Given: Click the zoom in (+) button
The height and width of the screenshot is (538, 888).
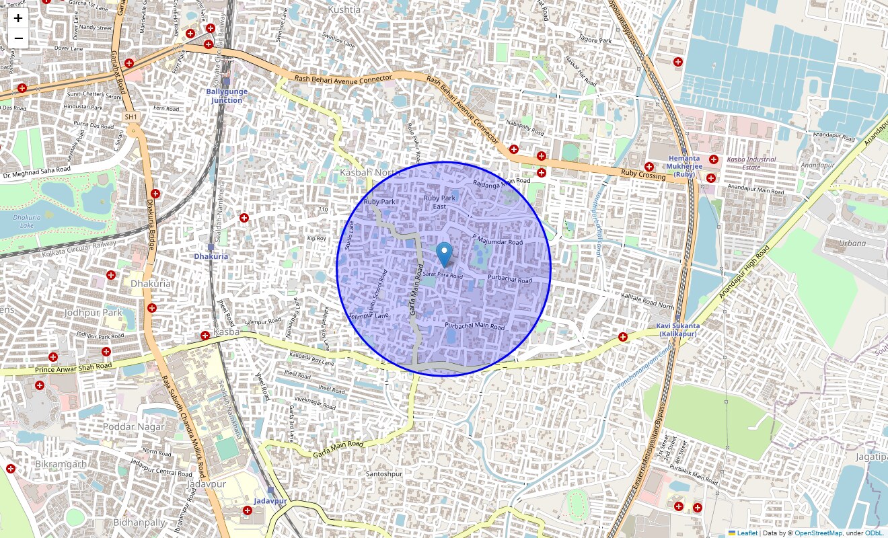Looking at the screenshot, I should pyautogui.click(x=18, y=18).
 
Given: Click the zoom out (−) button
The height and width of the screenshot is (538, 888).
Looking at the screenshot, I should pyautogui.click(x=18, y=38).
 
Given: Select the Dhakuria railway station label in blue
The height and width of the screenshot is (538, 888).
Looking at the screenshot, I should pyautogui.click(x=211, y=256).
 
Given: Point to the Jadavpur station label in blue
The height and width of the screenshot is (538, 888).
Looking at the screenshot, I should pyautogui.click(x=270, y=501).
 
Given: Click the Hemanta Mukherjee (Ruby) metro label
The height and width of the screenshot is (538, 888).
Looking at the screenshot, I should pyautogui.click(x=685, y=165).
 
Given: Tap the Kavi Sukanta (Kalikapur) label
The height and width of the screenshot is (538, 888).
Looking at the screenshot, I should pyautogui.click(x=677, y=330).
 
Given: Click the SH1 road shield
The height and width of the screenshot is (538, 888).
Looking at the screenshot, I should pyautogui.click(x=131, y=117).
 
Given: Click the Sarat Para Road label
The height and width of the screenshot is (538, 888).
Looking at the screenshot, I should pyautogui.click(x=443, y=276).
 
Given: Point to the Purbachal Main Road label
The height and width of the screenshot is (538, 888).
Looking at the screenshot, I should pyautogui.click(x=474, y=326).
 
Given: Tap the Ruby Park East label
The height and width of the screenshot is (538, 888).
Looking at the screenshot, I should pyautogui.click(x=439, y=202).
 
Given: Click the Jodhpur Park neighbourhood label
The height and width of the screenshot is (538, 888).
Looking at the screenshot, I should pyautogui.click(x=93, y=313).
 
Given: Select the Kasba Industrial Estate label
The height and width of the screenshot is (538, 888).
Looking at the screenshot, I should pyautogui.click(x=751, y=163).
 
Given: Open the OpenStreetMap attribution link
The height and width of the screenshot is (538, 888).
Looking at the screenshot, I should pyautogui.click(x=818, y=533).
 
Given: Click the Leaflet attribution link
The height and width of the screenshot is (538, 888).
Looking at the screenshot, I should pyautogui.click(x=747, y=533).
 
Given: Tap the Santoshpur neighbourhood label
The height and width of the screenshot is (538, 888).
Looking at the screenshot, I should pyautogui.click(x=383, y=474).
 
